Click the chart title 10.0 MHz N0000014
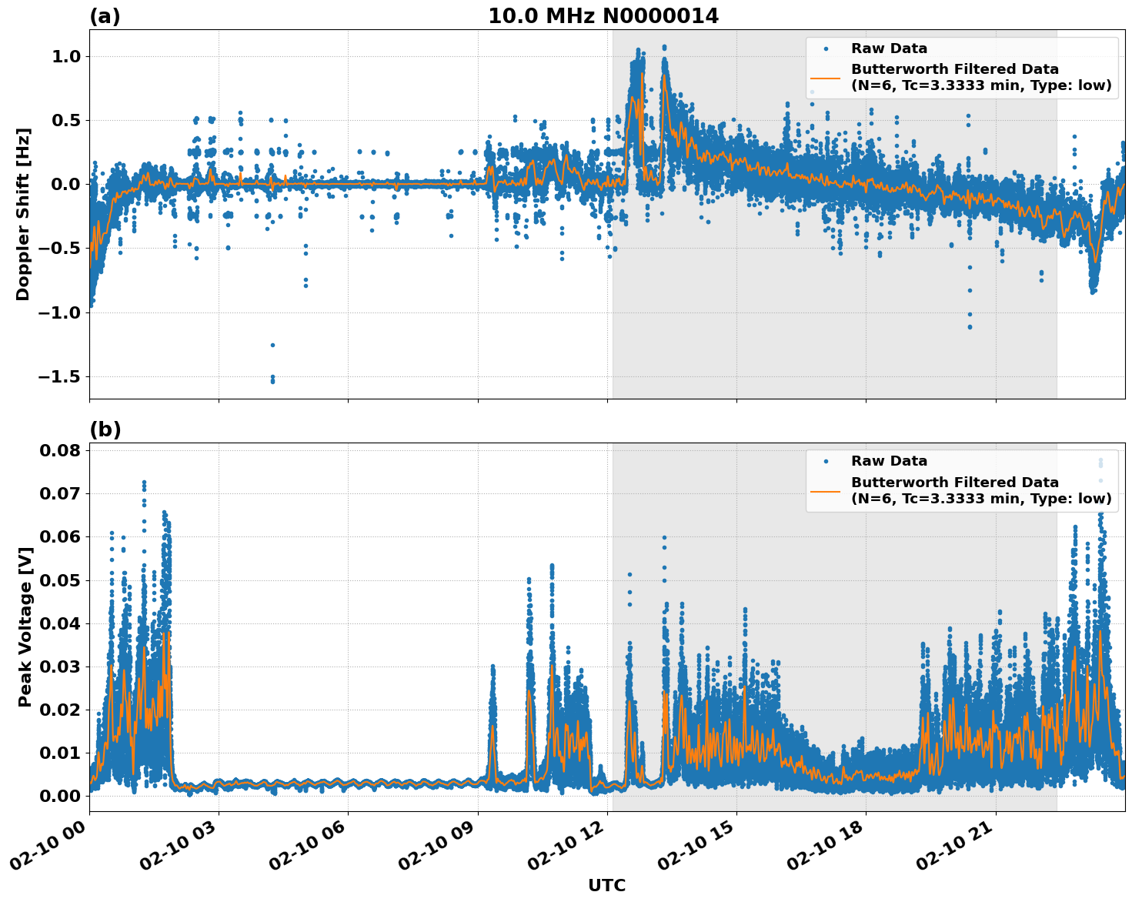pyautogui.click(x=603, y=16)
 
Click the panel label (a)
pyautogui.click(x=105, y=16)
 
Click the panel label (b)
pyautogui.click(x=105, y=429)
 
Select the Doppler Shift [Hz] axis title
pyautogui.click(x=23, y=214)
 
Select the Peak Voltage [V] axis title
pyautogui.click(x=25, y=626)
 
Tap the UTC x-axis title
pyautogui.click(x=606, y=885)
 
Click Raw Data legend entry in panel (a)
pyautogui.click(x=889, y=48)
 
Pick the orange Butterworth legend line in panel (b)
pyautogui.click(x=826, y=491)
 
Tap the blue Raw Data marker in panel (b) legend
pyautogui.click(x=826, y=461)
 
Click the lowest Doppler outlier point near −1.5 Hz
pyautogui.click(x=272, y=381)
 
